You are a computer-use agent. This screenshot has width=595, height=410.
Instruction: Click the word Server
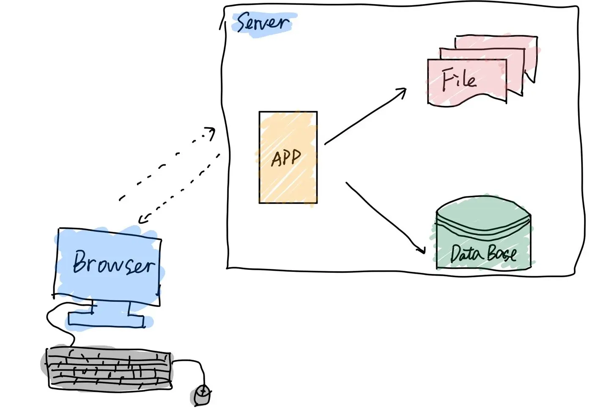[263, 22]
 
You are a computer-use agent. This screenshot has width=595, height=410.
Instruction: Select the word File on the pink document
[459, 80]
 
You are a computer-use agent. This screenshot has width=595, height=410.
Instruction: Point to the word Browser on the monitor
[113, 263]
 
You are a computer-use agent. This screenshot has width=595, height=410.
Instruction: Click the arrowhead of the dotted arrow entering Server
[211, 133]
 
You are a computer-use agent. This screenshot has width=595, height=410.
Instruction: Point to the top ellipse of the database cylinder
[483, 213]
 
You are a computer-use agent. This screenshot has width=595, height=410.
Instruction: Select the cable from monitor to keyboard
[55, 321]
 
